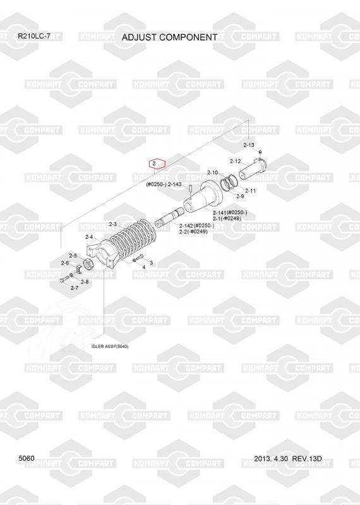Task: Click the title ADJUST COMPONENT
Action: coord(169,37)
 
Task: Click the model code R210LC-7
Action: coord(34,36)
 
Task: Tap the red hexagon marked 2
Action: coord(157,164)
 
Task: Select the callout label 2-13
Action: coord(248,145)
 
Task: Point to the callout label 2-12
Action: coord(236,161)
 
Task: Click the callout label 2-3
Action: coord(113,224)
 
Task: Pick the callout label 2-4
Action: coord(89,237)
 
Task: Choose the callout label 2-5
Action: coord(73,256)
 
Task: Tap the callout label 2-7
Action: coord(75,288)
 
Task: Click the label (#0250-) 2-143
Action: coord(164,184)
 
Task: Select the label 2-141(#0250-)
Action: coord(230,213)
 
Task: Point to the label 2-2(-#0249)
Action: coord(193,231)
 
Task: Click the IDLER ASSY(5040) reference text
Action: coord(110,347)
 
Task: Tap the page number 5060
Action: coord(27,458)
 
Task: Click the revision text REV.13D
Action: coord(307,459)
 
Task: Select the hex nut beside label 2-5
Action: coord(88,264)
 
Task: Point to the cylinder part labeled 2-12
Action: coord(253,169)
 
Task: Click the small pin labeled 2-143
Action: coord(190,187)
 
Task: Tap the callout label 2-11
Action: coord(250,191)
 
